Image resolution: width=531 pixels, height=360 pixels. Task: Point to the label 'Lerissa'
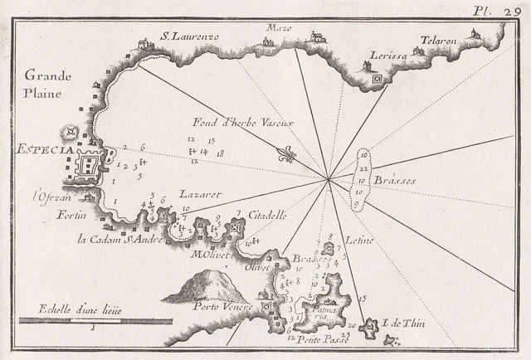click(380, 64)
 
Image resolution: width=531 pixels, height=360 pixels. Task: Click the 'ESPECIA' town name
click(34, 150)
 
